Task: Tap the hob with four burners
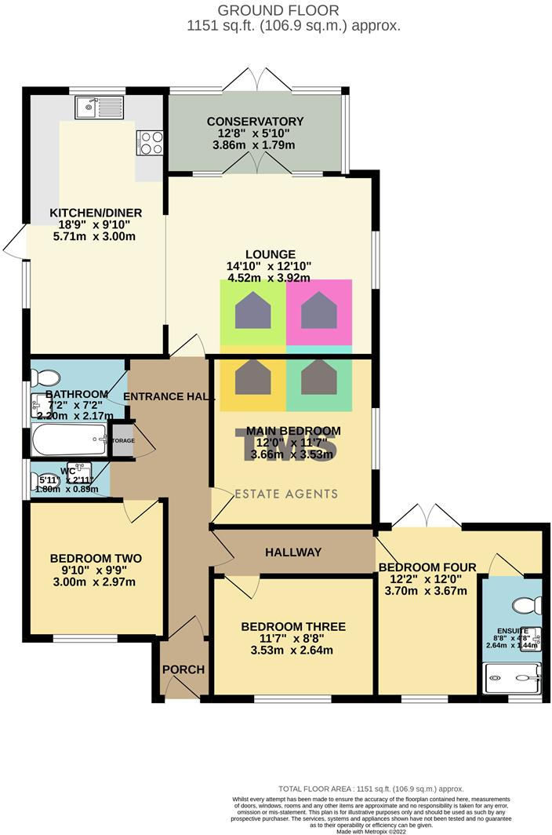pyautogui.click(x=150, y=141)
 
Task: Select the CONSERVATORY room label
pyautogui.click(x=255, y=122)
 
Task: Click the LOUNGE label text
pyautogui.click(x=270, y=254)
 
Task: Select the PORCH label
pyautogui.click(x=183, y=669)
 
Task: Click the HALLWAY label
pyautogui.click(x=292, y=552)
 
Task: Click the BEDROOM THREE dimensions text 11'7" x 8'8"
pyautogui.click(x=293, y=639)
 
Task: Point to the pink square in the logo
pyautogui.click(x=319, y=312)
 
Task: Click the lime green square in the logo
pyautogui.click(x=252, y=312)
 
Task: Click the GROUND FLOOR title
pyautogui.click(x=278, y=10)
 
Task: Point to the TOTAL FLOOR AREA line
pyautogui.click(x=370, y=789)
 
